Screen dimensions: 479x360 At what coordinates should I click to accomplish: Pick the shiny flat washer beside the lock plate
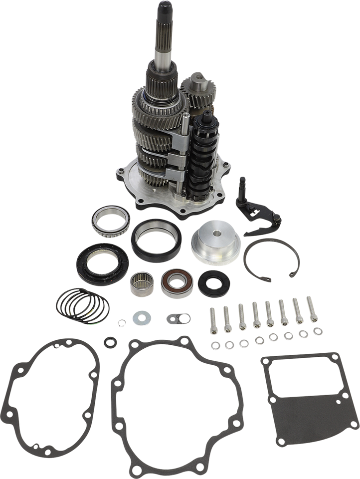[139, 317]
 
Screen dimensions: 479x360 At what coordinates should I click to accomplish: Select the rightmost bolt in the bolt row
[312, 308]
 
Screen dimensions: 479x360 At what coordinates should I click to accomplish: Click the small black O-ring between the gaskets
[108, 342]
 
